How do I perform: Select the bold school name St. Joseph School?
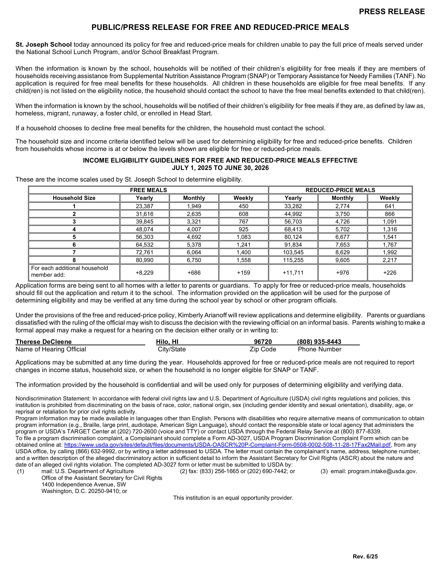[43, 45]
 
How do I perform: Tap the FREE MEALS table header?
[148, 190]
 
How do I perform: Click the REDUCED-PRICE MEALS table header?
[340, 190]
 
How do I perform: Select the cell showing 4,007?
[194, 229]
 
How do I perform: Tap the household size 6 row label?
[74, 245]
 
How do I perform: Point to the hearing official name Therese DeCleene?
[43, 342]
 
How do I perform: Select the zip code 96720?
[263, 342]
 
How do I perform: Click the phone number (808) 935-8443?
[319, 342]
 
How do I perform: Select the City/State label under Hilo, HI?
[172, 349]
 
